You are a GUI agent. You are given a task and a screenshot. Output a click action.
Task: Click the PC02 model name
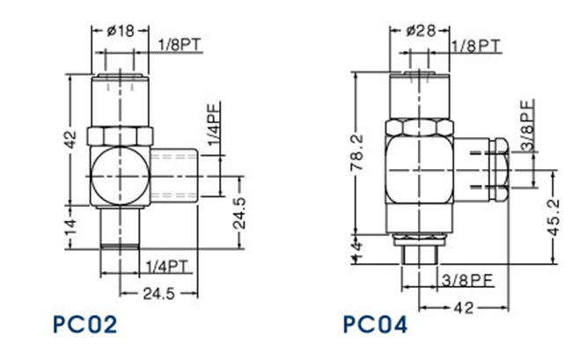tap(84, 324)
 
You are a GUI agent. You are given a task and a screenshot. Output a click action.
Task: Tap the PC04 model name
tap(376, 324)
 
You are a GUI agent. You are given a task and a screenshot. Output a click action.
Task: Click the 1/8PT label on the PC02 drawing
tap(180, 44)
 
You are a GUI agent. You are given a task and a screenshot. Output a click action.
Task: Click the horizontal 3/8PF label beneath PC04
tap(466, 281)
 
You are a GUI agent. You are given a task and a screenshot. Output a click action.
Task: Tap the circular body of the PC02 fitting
tap(118, 174)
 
